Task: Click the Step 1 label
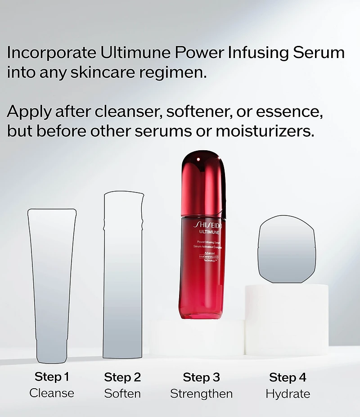[x=52, y=377]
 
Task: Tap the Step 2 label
[x=122, y=377]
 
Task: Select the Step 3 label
[x=201, y=377]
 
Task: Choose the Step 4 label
[x=288, y=377]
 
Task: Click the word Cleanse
[x=52, y=393]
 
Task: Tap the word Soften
[x=122, y=394]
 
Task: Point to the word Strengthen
[x=201, y=394]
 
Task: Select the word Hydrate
[x=288, y=394]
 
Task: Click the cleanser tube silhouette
[x=52, y=283]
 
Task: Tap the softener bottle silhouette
[x=123, y=274]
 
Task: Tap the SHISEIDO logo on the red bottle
[x=207, y=225]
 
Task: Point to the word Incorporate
[x=51, y=53]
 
